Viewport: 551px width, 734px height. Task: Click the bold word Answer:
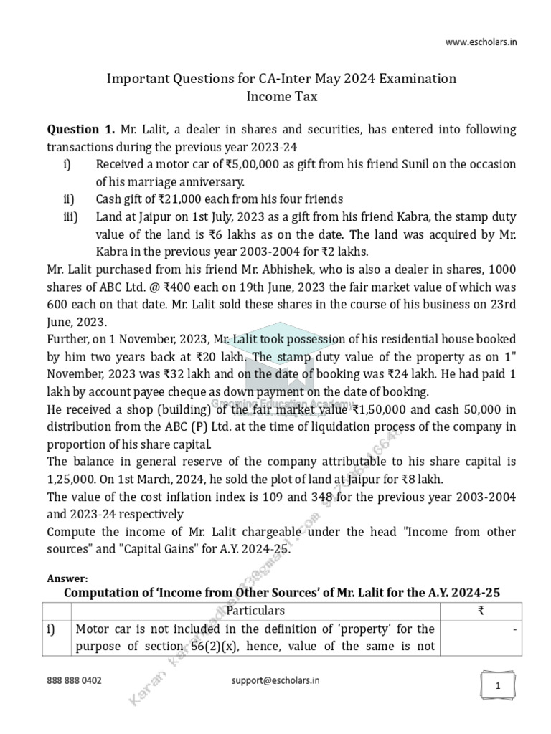pos(67,578)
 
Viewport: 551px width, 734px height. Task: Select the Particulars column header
pos(255,610)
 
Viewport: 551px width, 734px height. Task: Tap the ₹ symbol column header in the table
pos(480,610)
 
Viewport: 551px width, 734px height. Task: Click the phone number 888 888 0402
pos(74,680)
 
